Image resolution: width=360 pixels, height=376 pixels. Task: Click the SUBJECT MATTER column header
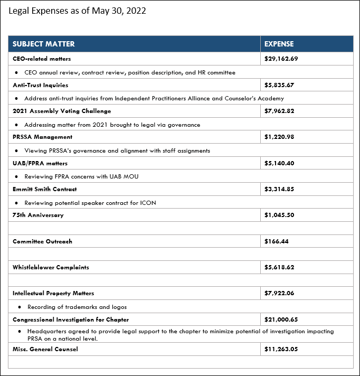(44, 44)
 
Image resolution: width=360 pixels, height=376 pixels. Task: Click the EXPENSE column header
(279, 44)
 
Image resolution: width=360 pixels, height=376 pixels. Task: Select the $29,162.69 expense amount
(281, 59)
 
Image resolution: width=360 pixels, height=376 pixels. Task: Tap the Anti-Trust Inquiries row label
(40, 85)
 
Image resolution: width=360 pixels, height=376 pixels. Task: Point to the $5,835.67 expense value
(279, 85)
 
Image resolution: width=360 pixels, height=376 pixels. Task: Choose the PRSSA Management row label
(42, 137)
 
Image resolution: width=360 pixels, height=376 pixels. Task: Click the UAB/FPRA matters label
(40, 163)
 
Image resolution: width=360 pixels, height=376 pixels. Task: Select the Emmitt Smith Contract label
(45, 189)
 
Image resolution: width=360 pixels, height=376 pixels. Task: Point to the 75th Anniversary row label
(38, 215)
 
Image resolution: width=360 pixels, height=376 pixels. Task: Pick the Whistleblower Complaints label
(51, 267)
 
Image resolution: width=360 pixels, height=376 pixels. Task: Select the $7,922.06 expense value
(279, 293)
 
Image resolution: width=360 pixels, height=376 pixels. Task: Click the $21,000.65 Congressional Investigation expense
(281, 319)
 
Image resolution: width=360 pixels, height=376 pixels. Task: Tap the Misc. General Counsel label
(45, 349)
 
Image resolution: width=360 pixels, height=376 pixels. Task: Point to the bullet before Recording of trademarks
(20, 307)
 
